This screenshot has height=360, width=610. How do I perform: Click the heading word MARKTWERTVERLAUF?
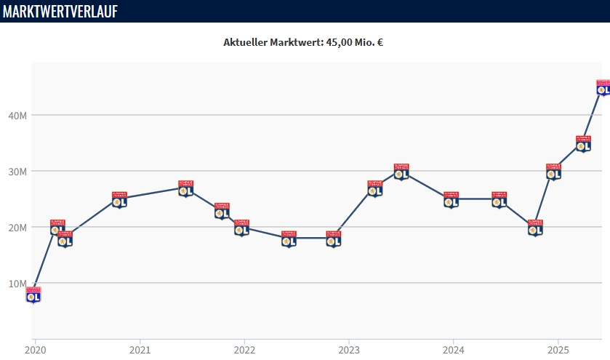tap(60, 11)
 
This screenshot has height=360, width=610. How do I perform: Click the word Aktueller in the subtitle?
tap(246, 42)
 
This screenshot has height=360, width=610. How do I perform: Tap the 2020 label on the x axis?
tap(35, 349)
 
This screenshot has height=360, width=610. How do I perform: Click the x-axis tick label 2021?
tap(140, 349)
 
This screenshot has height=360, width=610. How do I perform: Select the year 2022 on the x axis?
tap(244, 349)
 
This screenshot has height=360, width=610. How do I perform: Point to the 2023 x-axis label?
tap(348, 349)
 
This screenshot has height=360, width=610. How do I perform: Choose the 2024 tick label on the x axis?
tap(453, 349)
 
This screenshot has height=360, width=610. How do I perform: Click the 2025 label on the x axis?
tap(557, 349)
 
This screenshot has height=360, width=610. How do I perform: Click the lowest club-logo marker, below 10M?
tap(33, 295)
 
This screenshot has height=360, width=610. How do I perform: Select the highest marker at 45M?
tap(603, 87)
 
